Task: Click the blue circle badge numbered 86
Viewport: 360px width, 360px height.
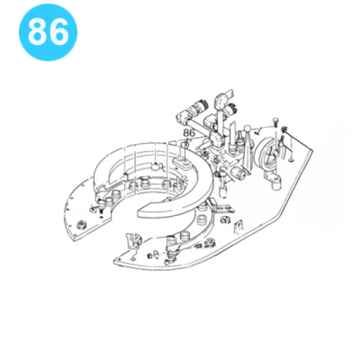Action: [48, 32]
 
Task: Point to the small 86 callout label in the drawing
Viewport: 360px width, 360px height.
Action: [189, 133]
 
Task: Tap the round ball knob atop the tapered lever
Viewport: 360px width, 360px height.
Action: [247, 128]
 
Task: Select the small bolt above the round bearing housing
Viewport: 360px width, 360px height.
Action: [276, 122]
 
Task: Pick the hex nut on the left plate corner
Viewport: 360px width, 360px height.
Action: [81, 225]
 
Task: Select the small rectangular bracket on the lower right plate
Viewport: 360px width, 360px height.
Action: [238, 226]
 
